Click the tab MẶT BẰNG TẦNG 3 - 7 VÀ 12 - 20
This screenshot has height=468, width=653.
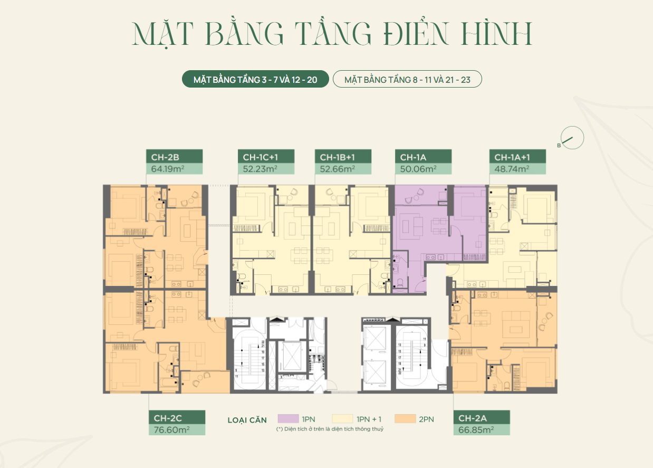[x=255, y=80]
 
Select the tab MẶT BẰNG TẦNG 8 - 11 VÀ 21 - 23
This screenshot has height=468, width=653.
[x=407, y=80]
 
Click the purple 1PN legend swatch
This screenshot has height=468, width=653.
[x=288, y=419]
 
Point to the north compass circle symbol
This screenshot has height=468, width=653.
[x=573, y=138]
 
